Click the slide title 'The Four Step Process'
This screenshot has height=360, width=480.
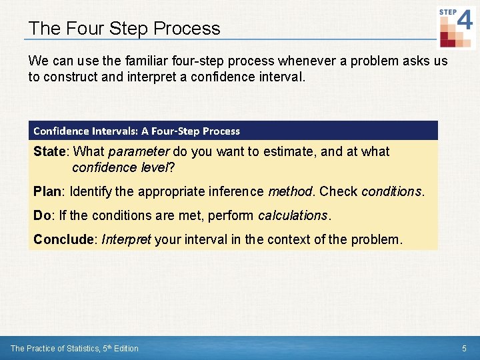pyautogui.click(x=124, y=29)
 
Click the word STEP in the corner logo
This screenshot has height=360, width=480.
pyautogui.click(x=447, y=12)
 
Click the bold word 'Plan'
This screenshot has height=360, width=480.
pyautogui.click(x=47, y=192)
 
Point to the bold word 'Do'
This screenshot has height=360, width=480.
pyautogui.click(x=42, y=216)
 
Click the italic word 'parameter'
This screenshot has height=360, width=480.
pyautogui.click(x=139, y=152)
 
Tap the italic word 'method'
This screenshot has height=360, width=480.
pyautogui.click(x=290, y=192)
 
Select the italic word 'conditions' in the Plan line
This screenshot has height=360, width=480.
pyautogui.click(x=391, y=192)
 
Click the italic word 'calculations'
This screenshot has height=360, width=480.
pyautogui.click(x=293, y=216)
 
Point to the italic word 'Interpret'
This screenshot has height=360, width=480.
pyautogui.click(x=126, y=239)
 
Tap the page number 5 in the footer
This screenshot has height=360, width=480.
pyautogui.click(x=464, y=348)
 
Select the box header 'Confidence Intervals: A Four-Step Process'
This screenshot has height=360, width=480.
pyautogui.click(x=137, y=131)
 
